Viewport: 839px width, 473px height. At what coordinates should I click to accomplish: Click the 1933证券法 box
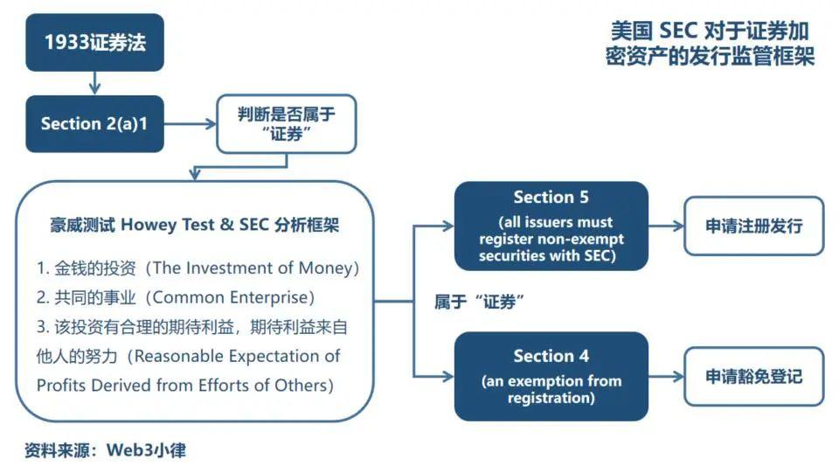(94, 42)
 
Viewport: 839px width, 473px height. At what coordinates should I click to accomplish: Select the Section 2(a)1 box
(94, 123)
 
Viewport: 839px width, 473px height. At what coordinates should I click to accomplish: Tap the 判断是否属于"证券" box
(286, 123)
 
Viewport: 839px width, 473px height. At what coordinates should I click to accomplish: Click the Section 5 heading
(551, 197)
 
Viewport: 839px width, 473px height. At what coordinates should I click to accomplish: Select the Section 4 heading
(551, 356)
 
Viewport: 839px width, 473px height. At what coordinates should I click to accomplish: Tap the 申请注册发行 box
(753, 226)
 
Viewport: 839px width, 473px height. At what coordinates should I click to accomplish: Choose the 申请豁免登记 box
(753, 377)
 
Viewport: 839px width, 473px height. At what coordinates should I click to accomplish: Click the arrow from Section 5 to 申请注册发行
(666, 226)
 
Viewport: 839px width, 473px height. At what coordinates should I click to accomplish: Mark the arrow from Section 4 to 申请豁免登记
(666, 377)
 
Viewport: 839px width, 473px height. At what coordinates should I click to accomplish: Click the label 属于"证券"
(479, 302)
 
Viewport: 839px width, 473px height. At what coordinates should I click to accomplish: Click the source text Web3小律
(147, 451)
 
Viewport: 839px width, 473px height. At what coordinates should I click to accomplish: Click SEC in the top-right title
(678, 31)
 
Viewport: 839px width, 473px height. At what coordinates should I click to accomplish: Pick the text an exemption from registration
(551, 389)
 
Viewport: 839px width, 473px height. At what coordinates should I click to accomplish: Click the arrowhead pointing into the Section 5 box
(447, 226)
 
